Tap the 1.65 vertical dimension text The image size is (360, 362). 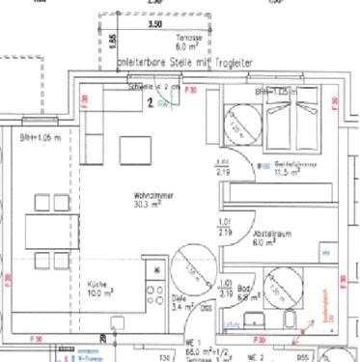click(x=113, y=42)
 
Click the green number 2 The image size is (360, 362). click(x=150, y=98)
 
